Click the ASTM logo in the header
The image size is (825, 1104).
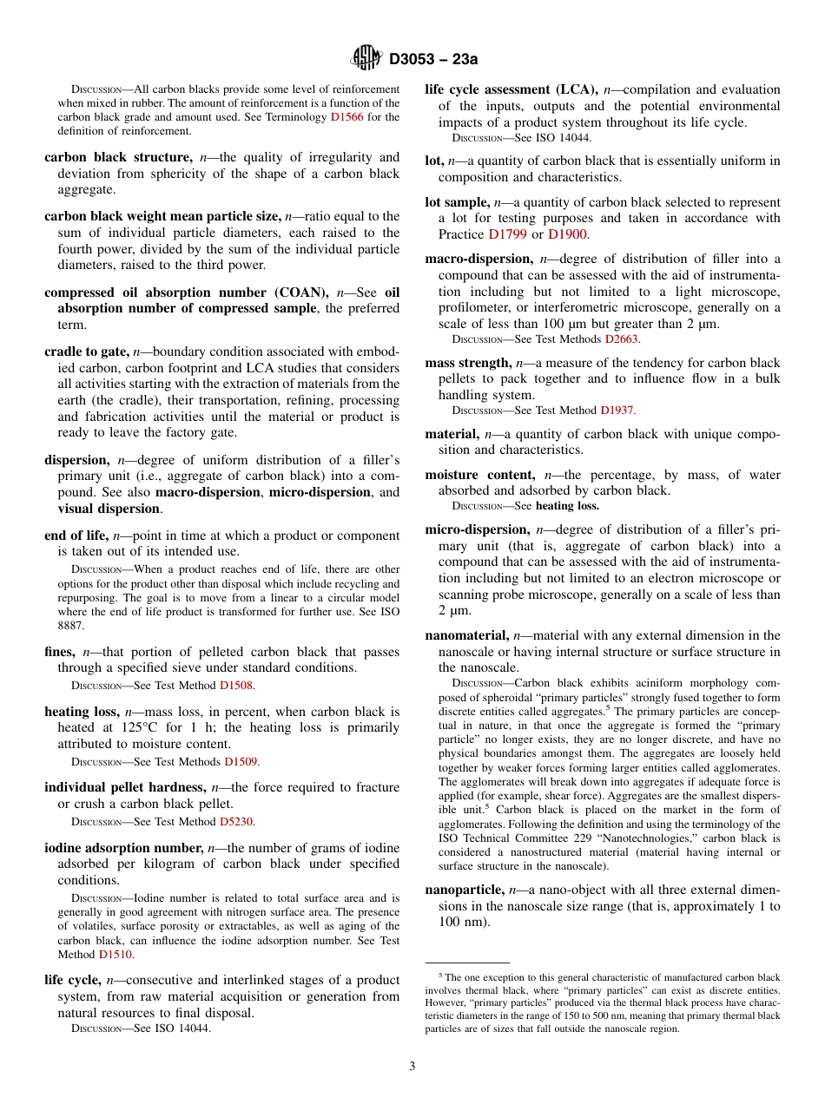366,58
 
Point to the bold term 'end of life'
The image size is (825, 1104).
76,536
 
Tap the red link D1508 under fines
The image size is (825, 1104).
236,685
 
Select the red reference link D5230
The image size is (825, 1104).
236,821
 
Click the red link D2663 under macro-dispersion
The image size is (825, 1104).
622,338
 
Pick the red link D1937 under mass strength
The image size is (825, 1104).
617,410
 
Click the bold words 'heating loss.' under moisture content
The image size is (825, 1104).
567,505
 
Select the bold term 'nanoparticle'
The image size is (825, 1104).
464,890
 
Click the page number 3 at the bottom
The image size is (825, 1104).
412,1066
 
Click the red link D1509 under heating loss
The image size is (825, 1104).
241,761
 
